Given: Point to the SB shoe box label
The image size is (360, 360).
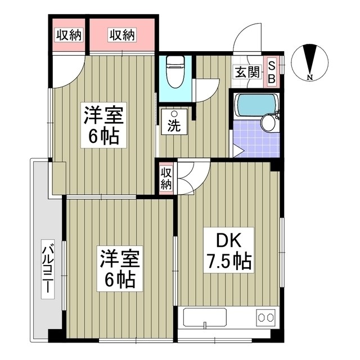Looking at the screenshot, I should [x=271, y=72].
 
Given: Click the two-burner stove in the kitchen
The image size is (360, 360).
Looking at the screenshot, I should [x=264, y=316].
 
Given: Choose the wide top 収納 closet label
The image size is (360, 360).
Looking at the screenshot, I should [x=122, y=35].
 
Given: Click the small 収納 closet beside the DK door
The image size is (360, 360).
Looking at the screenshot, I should [x=166, y=178].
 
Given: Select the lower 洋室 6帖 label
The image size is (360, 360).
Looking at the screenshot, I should [x=118, y=268].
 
